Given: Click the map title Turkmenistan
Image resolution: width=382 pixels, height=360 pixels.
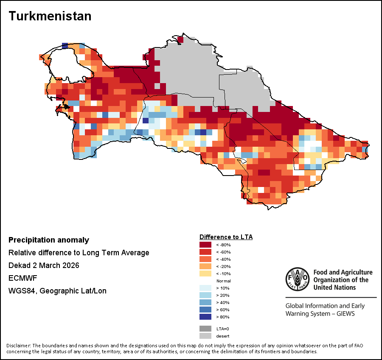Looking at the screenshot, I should coord(50,16).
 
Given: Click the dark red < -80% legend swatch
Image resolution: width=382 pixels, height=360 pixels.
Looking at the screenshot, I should coord(205,245).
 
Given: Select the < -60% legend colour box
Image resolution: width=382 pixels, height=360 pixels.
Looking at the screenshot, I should coord(205,252).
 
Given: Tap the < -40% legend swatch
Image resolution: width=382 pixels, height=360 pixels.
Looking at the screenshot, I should coord(205,259).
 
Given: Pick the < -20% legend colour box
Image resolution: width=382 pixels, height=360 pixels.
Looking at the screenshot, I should coord(205,266).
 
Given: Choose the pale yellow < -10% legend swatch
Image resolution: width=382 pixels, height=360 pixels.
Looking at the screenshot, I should coord(205,273).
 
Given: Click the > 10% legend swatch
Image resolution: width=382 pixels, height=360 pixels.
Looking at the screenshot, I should coord(205,288).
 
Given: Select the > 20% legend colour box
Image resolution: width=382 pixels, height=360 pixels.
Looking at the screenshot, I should coord(205,295).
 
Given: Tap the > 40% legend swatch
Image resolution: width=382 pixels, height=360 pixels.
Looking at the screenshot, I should coord(205,302).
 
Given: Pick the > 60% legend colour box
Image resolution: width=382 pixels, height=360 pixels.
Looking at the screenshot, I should coord(205,310).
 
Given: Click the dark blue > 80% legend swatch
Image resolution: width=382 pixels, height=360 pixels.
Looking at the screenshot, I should coord(205,317).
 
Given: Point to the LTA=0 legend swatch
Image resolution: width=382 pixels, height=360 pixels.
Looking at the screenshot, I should coord(205,329).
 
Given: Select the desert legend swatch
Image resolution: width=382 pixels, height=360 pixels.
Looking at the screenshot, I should coord(205,336).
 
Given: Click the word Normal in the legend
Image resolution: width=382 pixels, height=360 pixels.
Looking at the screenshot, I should coord(223,281).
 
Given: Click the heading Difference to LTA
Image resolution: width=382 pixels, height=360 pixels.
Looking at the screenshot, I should coord(226,237).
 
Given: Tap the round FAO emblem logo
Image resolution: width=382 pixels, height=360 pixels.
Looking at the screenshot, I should coord(298,280).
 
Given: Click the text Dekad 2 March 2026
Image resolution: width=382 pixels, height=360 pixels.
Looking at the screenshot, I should coord(44,265).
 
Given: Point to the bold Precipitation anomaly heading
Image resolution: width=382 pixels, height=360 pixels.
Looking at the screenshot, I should coord(49,240).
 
